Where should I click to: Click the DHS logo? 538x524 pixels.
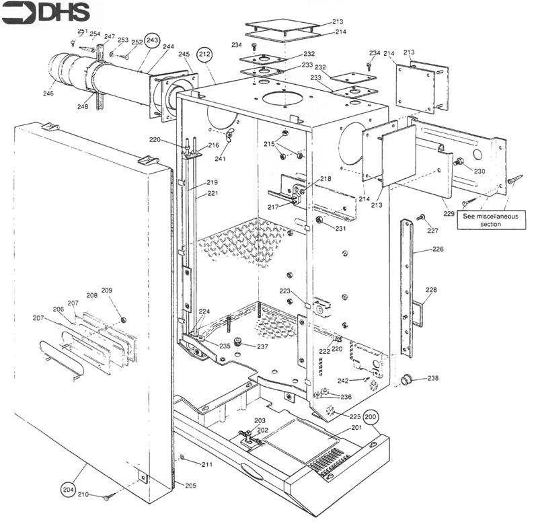52,13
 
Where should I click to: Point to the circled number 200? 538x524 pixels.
371,417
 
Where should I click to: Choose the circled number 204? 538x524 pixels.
68,489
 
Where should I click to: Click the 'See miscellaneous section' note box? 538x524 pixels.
490,220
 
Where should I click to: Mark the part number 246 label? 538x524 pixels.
48,93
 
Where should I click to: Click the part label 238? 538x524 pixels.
432,378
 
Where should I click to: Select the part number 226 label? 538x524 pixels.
437,250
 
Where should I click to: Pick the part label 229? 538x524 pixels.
449,213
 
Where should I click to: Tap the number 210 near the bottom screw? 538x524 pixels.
83,494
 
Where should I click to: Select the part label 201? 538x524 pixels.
357,426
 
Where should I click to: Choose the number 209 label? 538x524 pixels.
107,290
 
